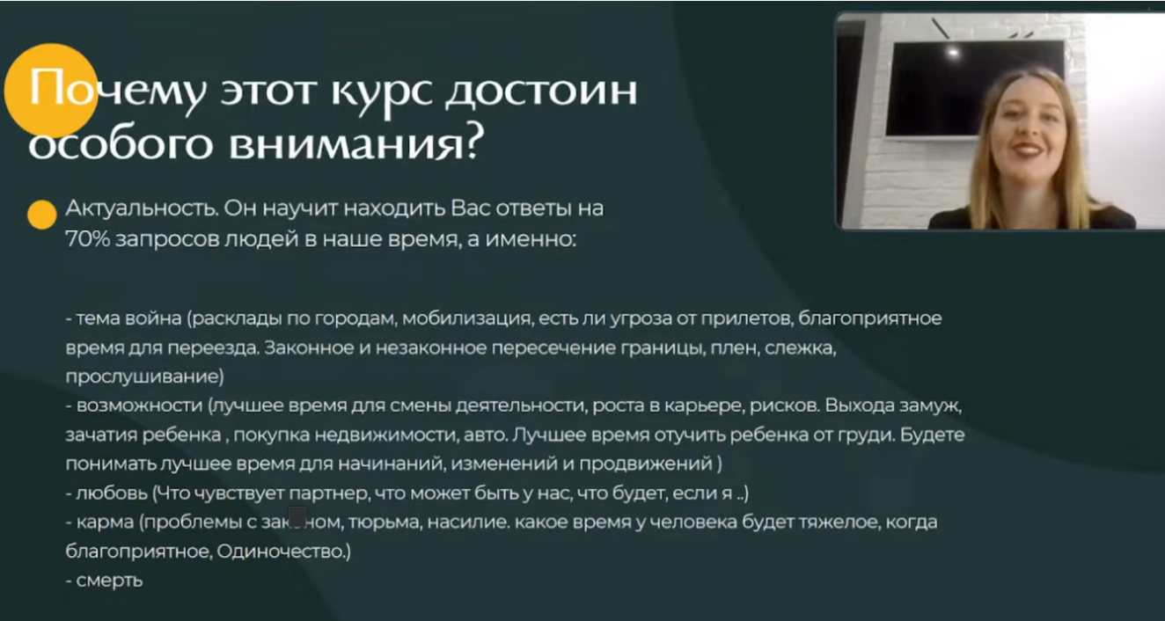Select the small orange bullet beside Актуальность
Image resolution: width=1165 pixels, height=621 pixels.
tap(42, 215)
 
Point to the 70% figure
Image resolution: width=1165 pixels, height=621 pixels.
tap(87, 239)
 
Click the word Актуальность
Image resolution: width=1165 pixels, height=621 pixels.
tap(142, 208)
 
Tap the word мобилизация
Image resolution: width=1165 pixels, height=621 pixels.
tap(467, 318)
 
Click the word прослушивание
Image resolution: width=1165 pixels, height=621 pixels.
tap(144, 376)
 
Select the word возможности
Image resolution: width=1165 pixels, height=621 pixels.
tap(139, 405)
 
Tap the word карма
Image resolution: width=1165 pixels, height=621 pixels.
tap(105, 522)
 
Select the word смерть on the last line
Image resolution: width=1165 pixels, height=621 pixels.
tap(109, 581)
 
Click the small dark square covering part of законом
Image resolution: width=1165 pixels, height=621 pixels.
tap(297, 516)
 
